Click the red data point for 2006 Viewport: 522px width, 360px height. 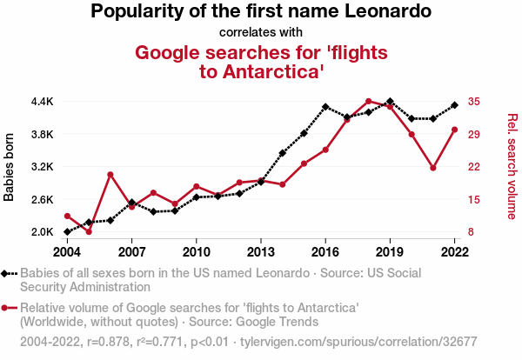(110, 175)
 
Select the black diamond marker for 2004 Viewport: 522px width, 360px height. (67, 232)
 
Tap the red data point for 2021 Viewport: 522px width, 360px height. (433, 168)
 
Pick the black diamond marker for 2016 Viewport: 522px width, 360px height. (325, 107)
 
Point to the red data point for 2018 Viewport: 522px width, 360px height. (368, 101)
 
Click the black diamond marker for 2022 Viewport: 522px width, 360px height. (454, 105)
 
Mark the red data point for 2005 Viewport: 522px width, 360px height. (89, 231)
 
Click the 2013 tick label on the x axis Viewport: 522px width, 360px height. (261, 251)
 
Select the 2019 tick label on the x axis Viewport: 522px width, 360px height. (390, 251)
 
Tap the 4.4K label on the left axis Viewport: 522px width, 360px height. (42, 101)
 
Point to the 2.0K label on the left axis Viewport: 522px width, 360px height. (42, 232)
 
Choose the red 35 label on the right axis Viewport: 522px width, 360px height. (473, 101)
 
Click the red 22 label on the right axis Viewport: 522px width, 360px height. (473, 167)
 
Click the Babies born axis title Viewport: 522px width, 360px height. (10, 167)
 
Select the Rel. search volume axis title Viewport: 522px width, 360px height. (512, 167)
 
